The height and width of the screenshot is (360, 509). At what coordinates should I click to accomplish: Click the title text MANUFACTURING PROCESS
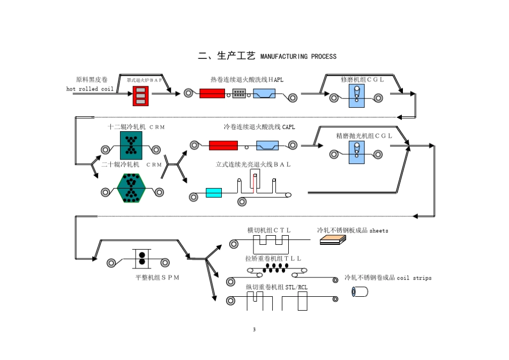tap(298, 57)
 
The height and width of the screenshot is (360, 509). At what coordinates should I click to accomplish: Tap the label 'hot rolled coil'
tap(90, 89)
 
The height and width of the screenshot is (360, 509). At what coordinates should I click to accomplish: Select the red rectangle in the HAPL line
tap(212, 93)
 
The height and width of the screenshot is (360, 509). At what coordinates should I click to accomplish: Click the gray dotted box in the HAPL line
tap(239, 93)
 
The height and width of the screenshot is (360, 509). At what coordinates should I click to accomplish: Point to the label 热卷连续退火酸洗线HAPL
tap(247, 80)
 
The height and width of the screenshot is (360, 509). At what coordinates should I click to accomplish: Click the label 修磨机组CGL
tap(363, 80)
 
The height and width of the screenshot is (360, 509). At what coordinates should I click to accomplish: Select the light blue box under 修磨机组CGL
tap(356, 95)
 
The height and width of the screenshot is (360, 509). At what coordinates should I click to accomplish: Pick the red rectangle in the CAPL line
tap(223, 145)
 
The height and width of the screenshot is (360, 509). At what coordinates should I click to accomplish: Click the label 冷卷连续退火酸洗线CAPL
tap(259, 127)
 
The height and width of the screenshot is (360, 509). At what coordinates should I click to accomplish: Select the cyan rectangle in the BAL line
tap(214, 192)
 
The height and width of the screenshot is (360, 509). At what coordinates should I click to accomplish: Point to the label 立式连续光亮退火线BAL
tap(253, 164)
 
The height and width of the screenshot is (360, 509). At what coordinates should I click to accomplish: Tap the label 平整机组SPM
tap(157, 277)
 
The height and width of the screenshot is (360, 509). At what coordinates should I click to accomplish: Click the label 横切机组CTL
tap(269, 230)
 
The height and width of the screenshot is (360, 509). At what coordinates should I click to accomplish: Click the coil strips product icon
tap(359, 291)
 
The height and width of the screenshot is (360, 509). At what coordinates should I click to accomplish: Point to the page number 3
tap(254, 329)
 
